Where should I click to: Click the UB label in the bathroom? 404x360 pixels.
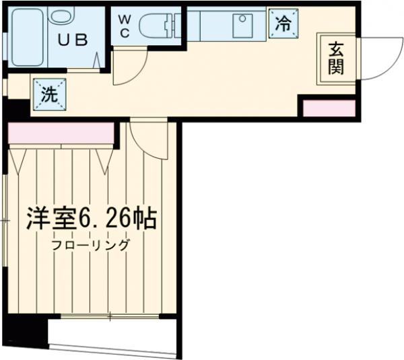pos(73,39)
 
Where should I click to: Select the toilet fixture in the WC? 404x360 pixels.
pos(159,26)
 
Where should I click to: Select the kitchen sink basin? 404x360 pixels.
pos(242,25)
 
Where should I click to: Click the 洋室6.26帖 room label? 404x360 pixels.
pos(92,219)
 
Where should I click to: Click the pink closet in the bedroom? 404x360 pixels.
pos(61,133)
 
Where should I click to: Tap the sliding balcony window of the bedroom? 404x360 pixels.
pos(111,316)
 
